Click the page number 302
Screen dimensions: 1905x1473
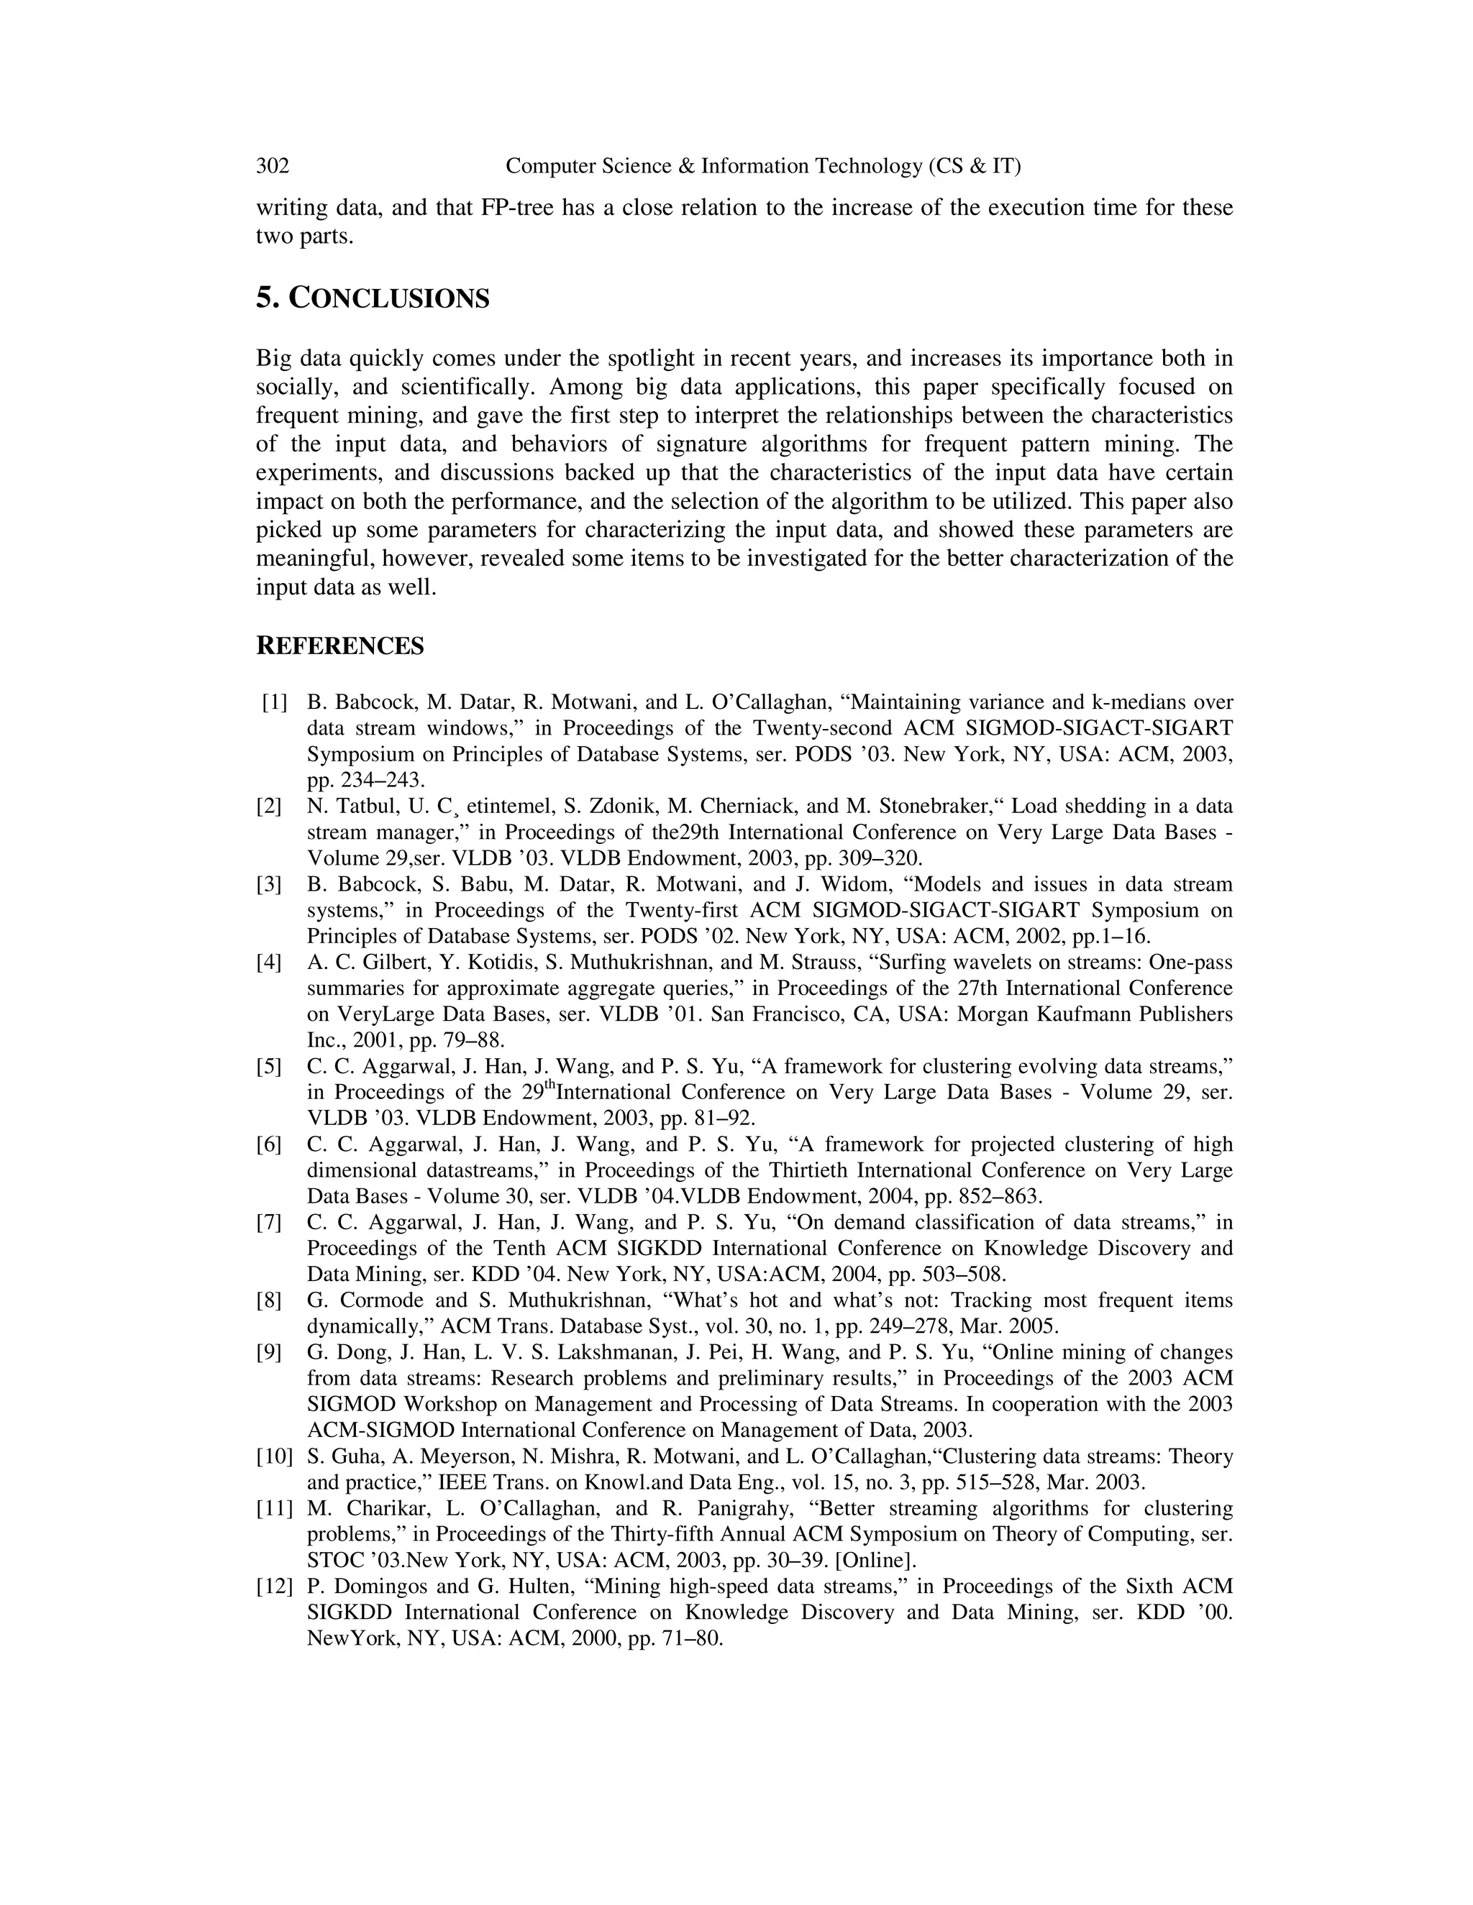pyautogui.click(x=273, y=166)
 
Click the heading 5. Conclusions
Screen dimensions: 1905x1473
pyautogui.click(x=373, y=298)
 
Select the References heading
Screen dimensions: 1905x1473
pyautogui.click(x=339, y=646)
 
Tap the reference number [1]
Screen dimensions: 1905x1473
pyautogui.click(x=274, y=702)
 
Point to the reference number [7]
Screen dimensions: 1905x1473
pyautogui.click(x=269, y=1222)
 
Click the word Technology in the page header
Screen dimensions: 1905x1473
pyautogui.click(x=867, y=166)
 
